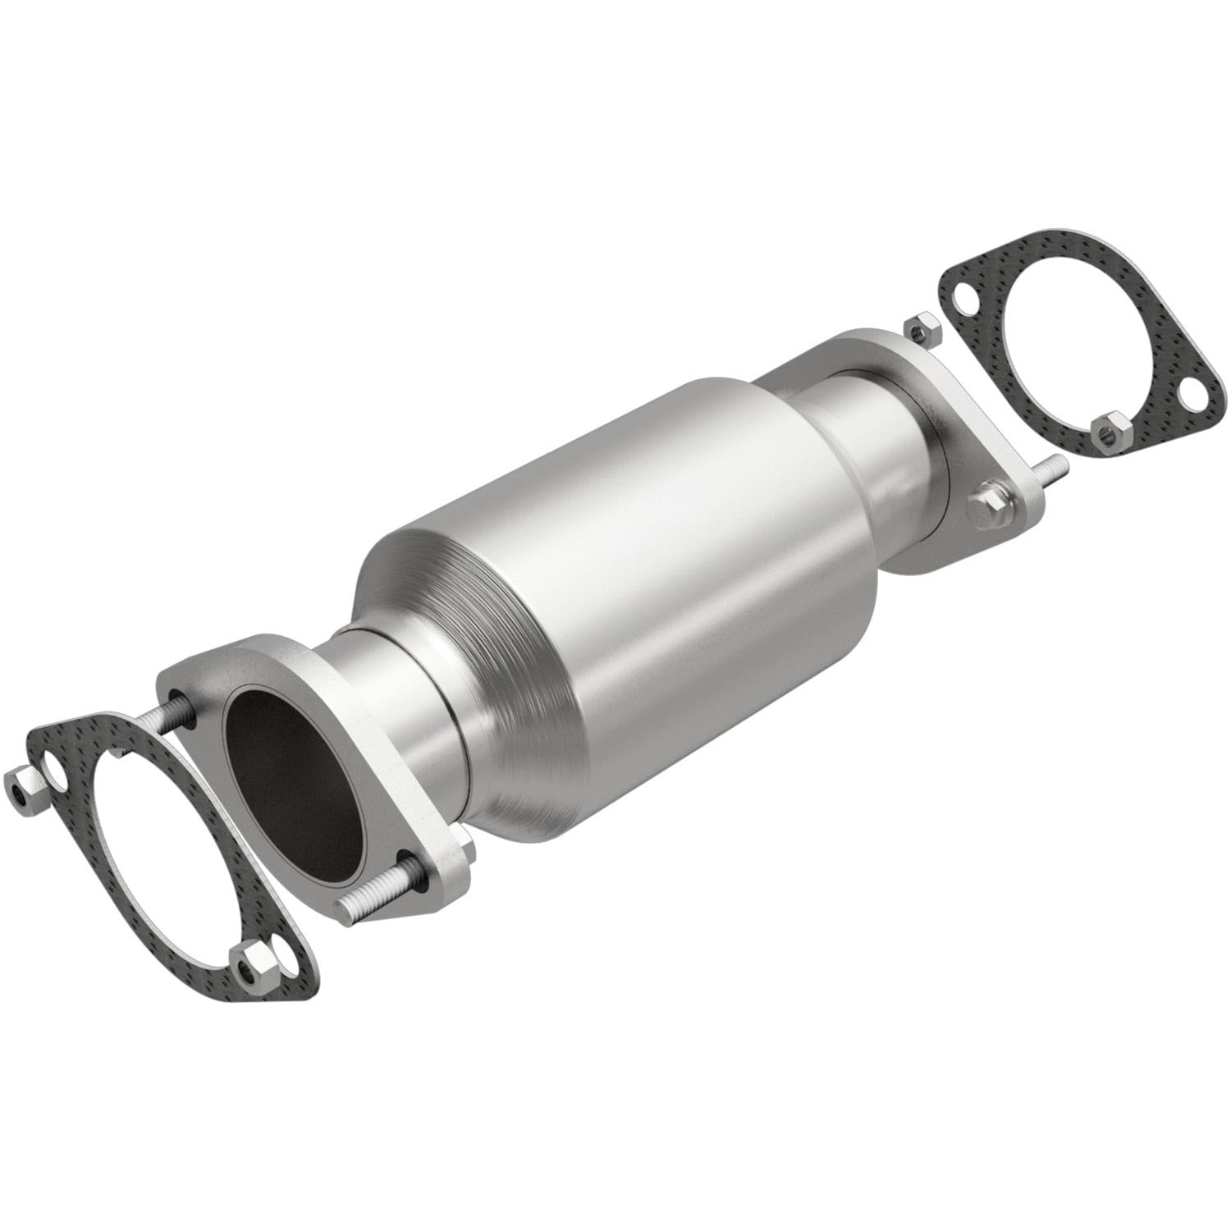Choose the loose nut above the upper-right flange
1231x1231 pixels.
922,327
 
